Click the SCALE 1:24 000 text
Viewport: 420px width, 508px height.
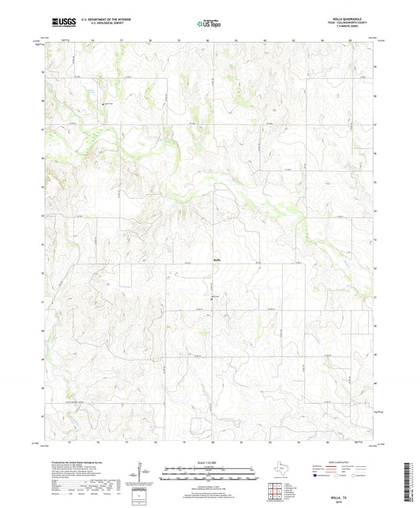click(209, 461)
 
